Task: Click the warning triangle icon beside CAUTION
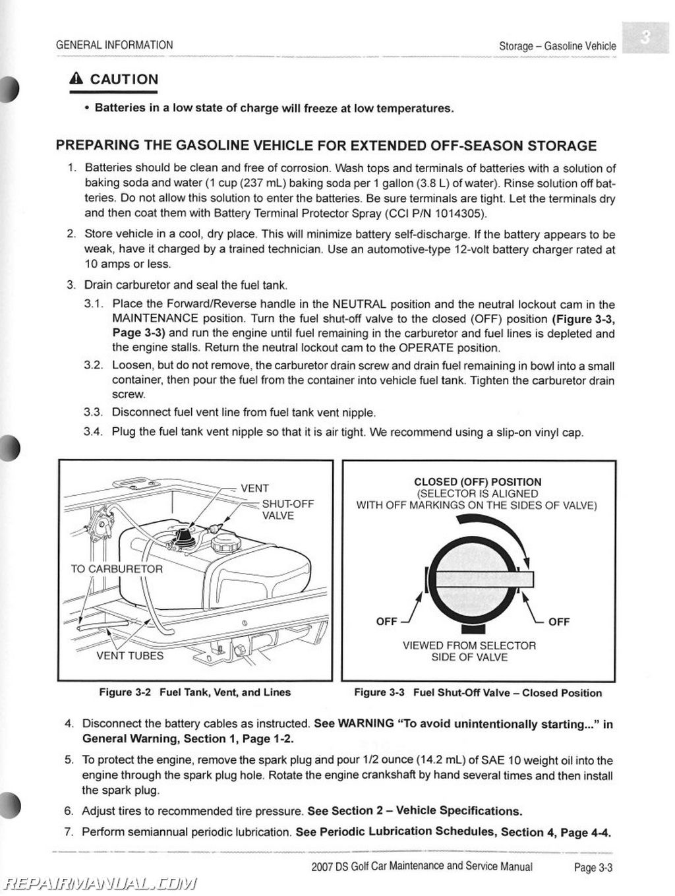(76, 79)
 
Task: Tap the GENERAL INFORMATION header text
(114, 45)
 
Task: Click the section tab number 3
(646, 39)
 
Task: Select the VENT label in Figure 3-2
(254, 489)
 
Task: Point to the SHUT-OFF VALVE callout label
(287, 510)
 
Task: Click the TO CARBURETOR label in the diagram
(117, 569)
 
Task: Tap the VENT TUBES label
(130, 656)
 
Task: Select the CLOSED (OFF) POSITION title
(477, 482)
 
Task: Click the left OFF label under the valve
(386, 621)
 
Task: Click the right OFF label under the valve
(558, 621)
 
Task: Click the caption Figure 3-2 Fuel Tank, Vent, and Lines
(194, 692)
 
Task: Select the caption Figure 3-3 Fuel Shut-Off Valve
(477, 693)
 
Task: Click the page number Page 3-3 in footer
(593, 868)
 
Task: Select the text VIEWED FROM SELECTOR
(469, 645)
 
